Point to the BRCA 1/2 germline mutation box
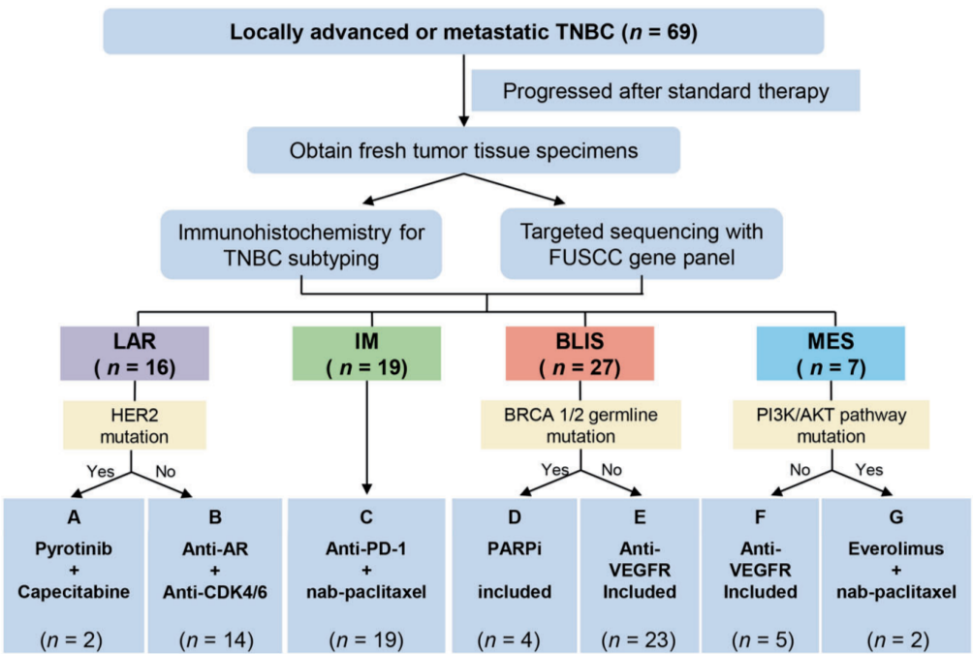[581, 425]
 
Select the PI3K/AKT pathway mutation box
[826, 425]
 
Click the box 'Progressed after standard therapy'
[666, 92]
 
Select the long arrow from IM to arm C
[367, 436]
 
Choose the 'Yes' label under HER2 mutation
[97, 473]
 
